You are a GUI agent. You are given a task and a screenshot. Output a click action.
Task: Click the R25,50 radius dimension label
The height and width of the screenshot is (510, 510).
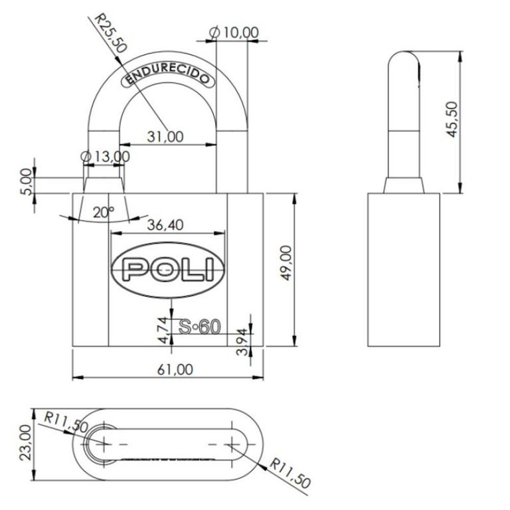(110, 33)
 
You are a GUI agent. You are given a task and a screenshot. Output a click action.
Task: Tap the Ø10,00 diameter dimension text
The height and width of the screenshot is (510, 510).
(234, 33)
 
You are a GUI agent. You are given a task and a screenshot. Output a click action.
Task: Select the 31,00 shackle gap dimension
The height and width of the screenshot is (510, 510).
(165, 137)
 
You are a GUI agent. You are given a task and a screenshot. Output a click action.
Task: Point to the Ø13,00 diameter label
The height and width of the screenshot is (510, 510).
(105, 157)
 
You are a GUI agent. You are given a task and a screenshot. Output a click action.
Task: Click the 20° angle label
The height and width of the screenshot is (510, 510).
(104, 212)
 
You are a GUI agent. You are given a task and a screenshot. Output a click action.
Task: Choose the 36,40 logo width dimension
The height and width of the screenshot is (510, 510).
(165, 224)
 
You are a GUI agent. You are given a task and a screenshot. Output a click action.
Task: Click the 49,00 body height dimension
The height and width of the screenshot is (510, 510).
(286, 263)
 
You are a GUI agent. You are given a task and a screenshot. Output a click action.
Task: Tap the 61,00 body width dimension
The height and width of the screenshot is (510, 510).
(175, 369)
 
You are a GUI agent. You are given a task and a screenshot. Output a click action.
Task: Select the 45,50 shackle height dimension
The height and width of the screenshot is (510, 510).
(452, 120)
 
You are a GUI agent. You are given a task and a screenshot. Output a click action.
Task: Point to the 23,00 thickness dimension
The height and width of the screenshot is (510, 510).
(26, 443)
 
